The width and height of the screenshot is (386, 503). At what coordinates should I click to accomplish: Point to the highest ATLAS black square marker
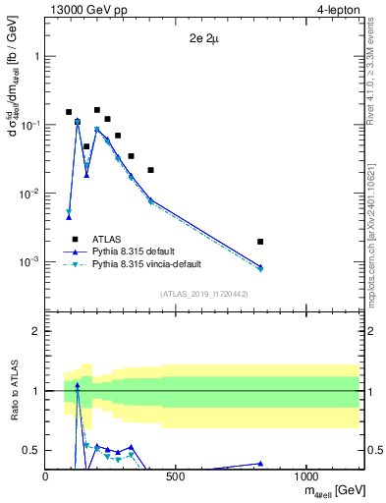click(97, 110)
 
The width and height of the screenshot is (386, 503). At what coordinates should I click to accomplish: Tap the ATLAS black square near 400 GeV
click(150, 170)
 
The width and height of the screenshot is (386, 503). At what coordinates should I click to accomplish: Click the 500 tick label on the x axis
click(176, 477)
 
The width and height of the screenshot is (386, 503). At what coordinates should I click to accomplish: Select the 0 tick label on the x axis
click(46, 477)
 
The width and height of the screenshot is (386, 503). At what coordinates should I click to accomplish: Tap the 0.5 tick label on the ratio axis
click(31, 450)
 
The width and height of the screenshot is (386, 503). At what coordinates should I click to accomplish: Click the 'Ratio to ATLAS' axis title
click(12, 391)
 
